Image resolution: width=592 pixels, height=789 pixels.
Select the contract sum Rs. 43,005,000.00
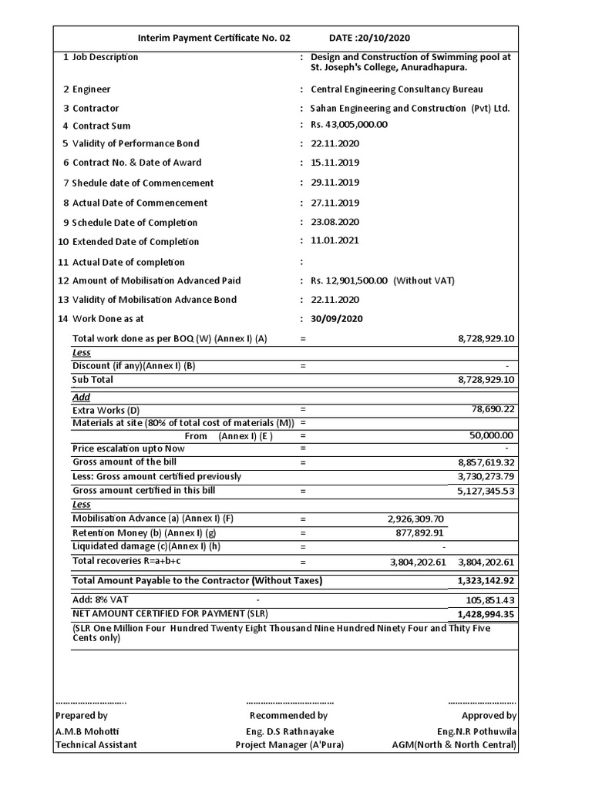(348, 125)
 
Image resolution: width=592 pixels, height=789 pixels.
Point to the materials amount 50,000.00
(493, 435)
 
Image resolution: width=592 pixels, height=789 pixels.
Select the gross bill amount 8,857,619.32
(486, 462)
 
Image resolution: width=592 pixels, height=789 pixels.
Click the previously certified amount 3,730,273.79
(486, 477)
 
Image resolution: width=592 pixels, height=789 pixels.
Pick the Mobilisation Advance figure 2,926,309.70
(416, 519)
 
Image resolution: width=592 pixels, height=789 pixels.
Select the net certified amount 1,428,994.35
(486, 614)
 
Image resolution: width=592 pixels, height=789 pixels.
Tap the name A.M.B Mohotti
(86, 730)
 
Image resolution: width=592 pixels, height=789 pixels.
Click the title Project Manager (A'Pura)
(290, 744)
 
